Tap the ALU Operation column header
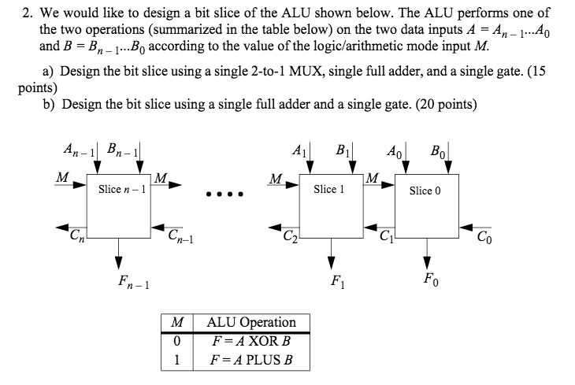pyautogui.click(x=250, y=322)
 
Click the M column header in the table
pyautogui.click(x=177, y=322)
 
